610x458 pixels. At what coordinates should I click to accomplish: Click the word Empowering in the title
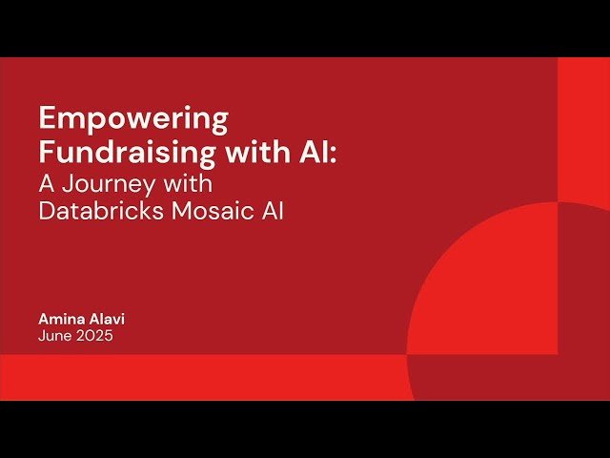tap(133, 120)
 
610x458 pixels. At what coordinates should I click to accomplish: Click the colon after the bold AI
tap(334, 153)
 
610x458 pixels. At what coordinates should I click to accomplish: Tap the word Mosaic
tap(211, 212)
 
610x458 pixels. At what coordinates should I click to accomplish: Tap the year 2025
tap(95, 336)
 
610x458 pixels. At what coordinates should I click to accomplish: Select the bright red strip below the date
tap(191, 377)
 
